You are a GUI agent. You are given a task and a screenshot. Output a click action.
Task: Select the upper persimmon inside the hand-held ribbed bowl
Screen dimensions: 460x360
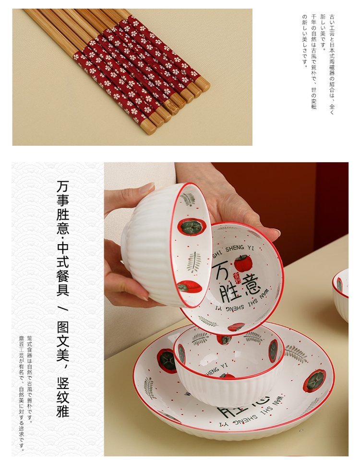click(192, 227)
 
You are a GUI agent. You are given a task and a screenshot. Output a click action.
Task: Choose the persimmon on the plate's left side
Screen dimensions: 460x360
click(167, 361)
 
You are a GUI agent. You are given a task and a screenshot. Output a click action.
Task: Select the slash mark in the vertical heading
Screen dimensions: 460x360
click(62, 307)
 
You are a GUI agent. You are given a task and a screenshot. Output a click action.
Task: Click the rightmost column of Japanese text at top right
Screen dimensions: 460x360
click(331, 62)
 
